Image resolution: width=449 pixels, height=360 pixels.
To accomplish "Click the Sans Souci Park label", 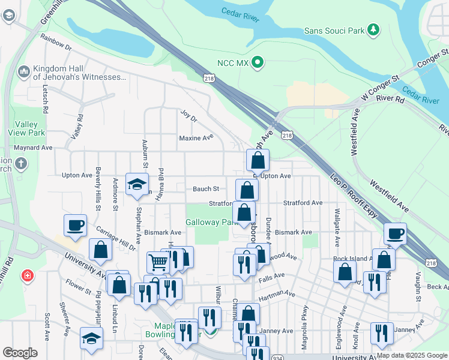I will (335, 30).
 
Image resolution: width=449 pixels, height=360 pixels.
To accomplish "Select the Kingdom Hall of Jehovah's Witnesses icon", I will (25, 72).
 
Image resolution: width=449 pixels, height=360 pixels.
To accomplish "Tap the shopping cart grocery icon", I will (157, 262).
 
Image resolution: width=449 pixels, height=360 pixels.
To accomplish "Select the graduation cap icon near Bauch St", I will (137, 184).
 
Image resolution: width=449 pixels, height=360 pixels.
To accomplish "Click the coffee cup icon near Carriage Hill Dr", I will (76, 225).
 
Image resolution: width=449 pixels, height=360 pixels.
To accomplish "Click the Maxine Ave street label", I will (196, 137).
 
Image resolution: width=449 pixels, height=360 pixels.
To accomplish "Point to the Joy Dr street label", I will (188, 115).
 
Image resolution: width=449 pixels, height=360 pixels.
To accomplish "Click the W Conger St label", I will (379, 89).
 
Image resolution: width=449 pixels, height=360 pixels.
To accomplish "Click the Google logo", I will (20, 353).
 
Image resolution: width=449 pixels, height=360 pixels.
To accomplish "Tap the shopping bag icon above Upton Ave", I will (258, 160).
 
